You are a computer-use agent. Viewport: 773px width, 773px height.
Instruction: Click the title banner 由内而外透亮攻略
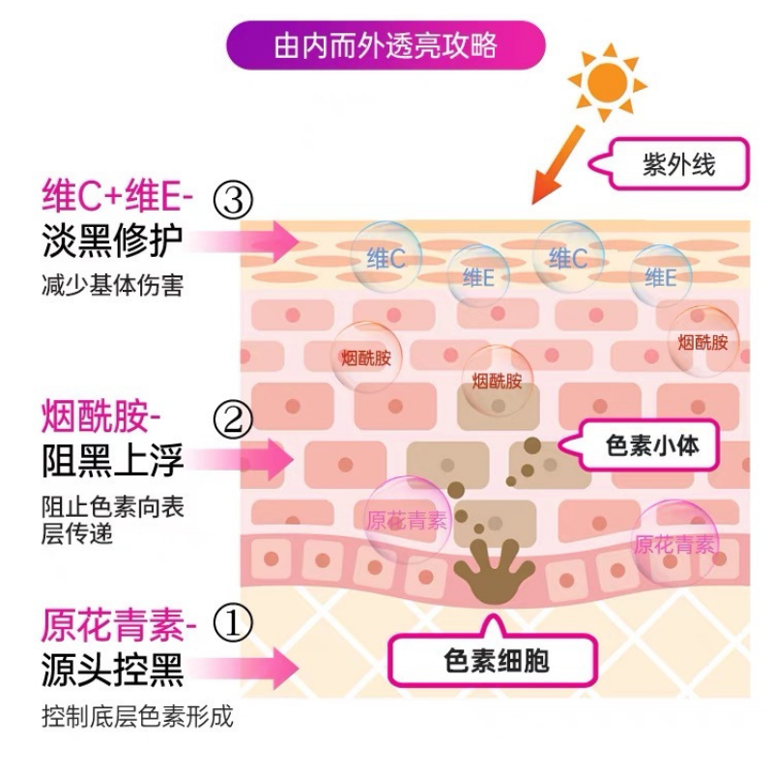386,45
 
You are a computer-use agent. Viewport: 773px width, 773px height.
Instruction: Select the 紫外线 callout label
679,163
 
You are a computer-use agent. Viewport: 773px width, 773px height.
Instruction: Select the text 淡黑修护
112,243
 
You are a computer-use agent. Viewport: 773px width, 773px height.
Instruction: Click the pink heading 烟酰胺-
101,418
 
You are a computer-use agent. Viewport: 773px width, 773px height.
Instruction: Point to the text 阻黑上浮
112,461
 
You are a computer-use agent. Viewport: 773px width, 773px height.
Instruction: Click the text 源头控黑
112,669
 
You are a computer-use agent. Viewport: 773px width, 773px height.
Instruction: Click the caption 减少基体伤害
111,287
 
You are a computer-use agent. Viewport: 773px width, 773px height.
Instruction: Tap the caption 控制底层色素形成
137,716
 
